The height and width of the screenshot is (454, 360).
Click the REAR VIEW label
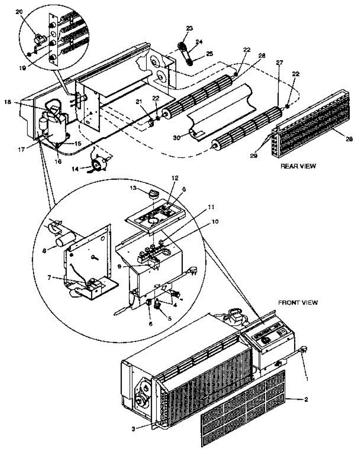[298, 166]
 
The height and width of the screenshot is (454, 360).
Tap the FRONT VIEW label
[298, 302]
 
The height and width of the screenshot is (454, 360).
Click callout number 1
[307, 378]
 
